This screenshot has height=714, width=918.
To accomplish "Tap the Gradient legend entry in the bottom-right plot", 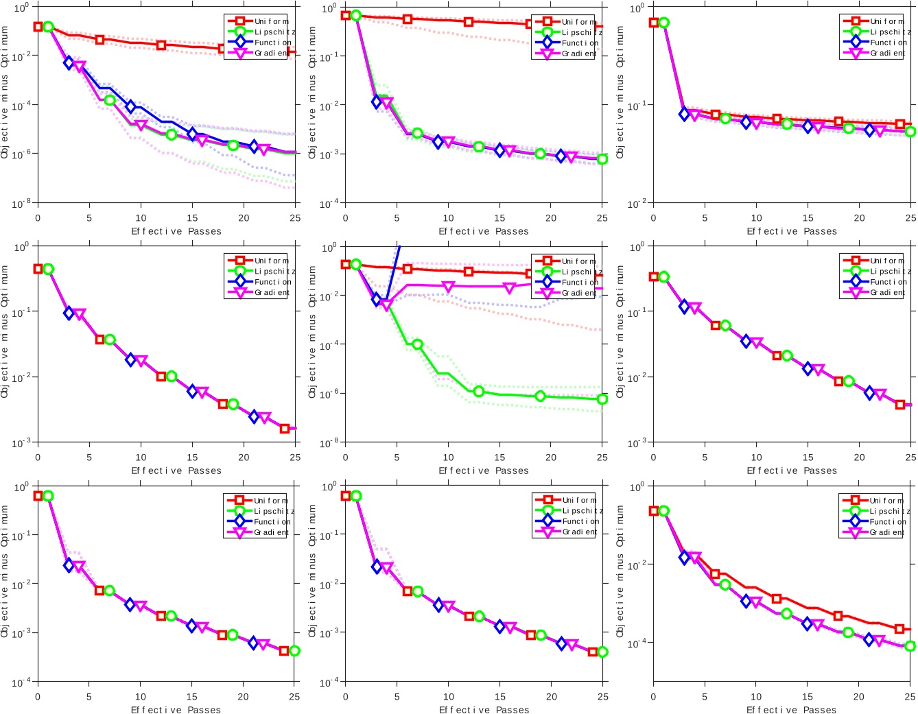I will click(x=887, y=532).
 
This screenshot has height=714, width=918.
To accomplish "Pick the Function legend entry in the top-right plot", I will click(x=887, y=43).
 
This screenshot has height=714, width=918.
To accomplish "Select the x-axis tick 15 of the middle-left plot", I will click(x=192, y=457).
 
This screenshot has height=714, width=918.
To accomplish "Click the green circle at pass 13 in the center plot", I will click(x=479, y=391).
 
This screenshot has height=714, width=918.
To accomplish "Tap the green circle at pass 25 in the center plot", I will click(x=602, y=399).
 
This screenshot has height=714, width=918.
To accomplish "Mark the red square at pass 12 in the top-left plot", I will click(x=161, y=45).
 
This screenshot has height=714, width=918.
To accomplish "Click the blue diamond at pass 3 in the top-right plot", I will click(x=684, y=114).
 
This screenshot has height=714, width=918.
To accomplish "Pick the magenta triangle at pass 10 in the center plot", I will click(x=448, y=286).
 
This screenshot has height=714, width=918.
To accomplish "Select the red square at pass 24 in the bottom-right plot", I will click(x=899, y=628).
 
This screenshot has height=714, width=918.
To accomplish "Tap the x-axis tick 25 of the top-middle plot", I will click(x=602, y=218).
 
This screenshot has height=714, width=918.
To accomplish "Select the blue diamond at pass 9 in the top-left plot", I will click(x=130, y=106).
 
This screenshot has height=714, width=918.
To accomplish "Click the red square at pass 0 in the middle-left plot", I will click(x=38, y=269).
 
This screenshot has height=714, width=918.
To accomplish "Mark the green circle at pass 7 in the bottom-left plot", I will click(x=109, y=591).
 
